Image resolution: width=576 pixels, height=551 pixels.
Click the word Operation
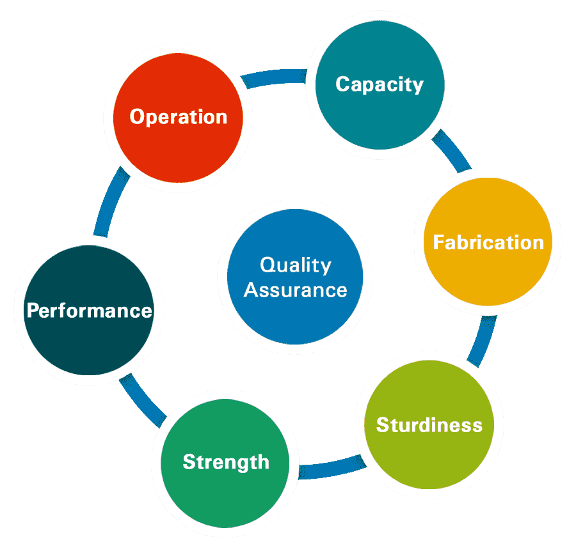tap(178, 117)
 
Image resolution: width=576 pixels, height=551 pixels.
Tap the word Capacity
tap(380, 84)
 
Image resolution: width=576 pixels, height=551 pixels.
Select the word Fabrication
tap(488, 242)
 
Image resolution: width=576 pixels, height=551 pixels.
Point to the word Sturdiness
tap(429, 424)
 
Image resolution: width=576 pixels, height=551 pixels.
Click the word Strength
tap(226, 462)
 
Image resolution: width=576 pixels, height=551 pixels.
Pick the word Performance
tap(89, 311)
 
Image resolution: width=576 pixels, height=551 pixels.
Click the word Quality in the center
tap(296, 265)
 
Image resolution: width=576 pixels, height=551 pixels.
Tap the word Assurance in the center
tap(296, 290)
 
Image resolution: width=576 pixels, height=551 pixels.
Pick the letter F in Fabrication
tap(438, 242)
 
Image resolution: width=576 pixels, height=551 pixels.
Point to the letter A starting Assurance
tap(252, 290)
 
